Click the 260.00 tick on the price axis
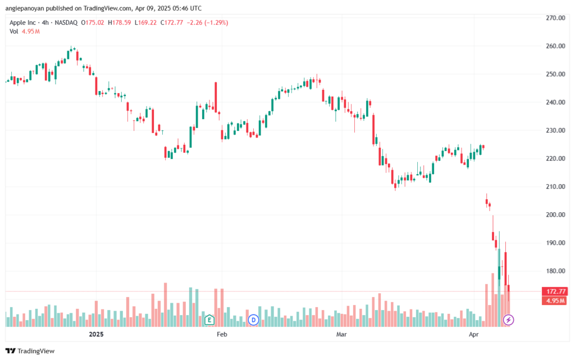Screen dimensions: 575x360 coord(555,46)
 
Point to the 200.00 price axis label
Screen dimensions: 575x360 coord(555,215)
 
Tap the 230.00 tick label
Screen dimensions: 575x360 coord(555,130)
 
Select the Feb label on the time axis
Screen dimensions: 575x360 coord(222,334)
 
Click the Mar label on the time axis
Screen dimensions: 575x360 coord(341,334)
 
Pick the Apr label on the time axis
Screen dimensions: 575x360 coord(474,334)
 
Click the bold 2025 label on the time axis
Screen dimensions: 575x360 coord(97,334)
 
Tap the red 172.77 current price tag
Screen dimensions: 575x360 coord(555,291)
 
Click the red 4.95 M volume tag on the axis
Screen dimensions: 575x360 coord(555,300)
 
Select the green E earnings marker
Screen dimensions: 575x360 coord(209,320)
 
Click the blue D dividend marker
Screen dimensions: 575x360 coord(253,320)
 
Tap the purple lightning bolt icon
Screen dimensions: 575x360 coord(508,320)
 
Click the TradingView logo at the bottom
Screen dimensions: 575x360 coord(30,351)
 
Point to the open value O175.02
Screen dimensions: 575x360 coord(93,22)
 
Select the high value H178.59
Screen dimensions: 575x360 coord(119,22)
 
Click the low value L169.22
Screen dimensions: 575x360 coord(145,22)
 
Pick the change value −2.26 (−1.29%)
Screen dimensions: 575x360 coord(208,22)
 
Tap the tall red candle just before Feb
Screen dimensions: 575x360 coord(216,98)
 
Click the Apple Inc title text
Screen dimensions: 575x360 coord(22,22)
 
